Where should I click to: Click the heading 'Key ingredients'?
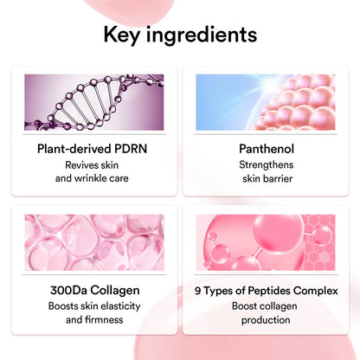[180, 35]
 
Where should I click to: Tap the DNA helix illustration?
[91, 100]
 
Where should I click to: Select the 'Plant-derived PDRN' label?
[91, 148]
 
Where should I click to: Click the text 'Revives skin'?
[91, 164]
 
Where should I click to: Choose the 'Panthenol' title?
[267, 148]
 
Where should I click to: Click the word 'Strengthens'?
[267, 164]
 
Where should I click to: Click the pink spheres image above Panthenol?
[267, 100]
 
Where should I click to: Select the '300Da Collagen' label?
[91, 291]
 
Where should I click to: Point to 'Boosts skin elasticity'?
[91, 305]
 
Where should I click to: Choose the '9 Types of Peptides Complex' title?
[267, 291]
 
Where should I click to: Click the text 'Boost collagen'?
[267, 305]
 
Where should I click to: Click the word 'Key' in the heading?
[124, 35]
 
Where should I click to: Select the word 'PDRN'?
[129, 148]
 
